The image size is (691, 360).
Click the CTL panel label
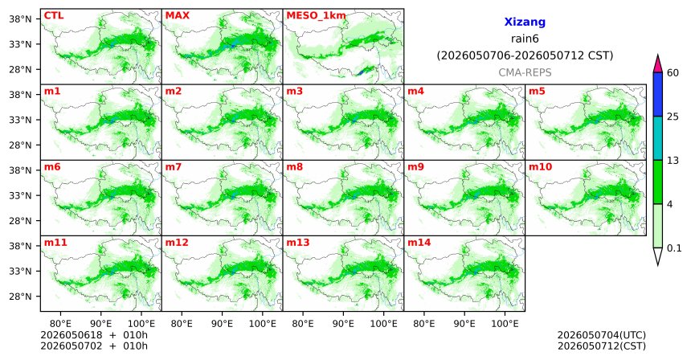[x=54, y=15]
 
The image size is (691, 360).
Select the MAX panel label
[x=177, y=15]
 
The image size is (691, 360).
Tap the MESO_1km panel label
[x=316, y=16]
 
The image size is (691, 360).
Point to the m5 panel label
[x=537, y=92]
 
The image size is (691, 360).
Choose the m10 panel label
[x=540, y=167]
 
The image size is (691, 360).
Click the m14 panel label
[x=419, y=243]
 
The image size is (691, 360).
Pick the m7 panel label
[x=174, y=167]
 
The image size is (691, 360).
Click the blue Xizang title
[x=525, y=22]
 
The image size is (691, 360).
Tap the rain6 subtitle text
[x=525, y=39]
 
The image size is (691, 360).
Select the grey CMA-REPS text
[x=525, y=72]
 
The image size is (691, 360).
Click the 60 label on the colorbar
[x=673, y=72]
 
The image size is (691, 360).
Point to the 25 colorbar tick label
[x=673, y=117]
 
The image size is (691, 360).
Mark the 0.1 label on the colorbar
[x=674, y=248]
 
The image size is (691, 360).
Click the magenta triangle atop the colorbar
[x=658, y=64]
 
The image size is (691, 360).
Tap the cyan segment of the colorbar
[x=658, y=138]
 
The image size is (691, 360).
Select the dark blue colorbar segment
[x=658, y=94]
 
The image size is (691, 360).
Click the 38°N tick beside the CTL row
[x=20, y=19]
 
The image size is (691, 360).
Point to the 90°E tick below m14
[x=464, y=325]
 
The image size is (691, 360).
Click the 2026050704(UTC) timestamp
[x=602, y=335]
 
